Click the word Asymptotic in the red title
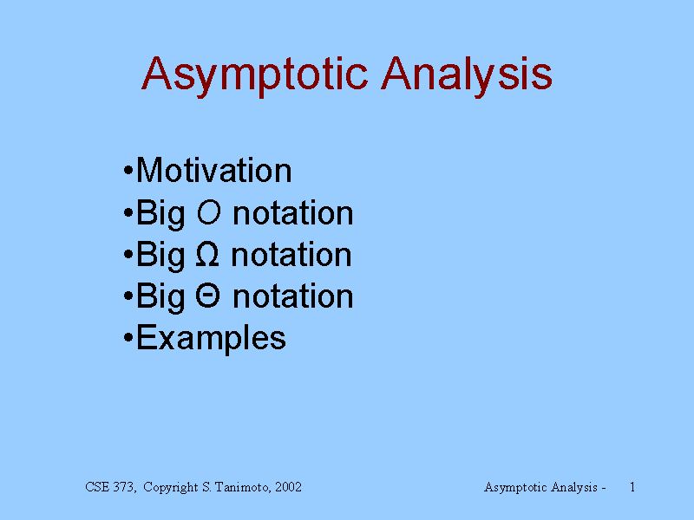[254, 75]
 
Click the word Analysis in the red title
[467, 75]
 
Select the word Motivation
[213, 170]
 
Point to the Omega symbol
[207, 254]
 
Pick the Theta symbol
[207, 296]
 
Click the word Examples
[211, 338]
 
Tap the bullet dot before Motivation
[128, 170]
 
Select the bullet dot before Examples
[128, 338]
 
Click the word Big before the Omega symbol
[160, 256]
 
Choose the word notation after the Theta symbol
[293, 296]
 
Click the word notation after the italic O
[293, 213]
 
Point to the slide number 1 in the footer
[632, 487]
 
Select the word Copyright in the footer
[171, 488]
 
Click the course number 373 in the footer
[124, 487]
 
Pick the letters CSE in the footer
[97, 487]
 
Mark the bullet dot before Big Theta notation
[128, 296]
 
